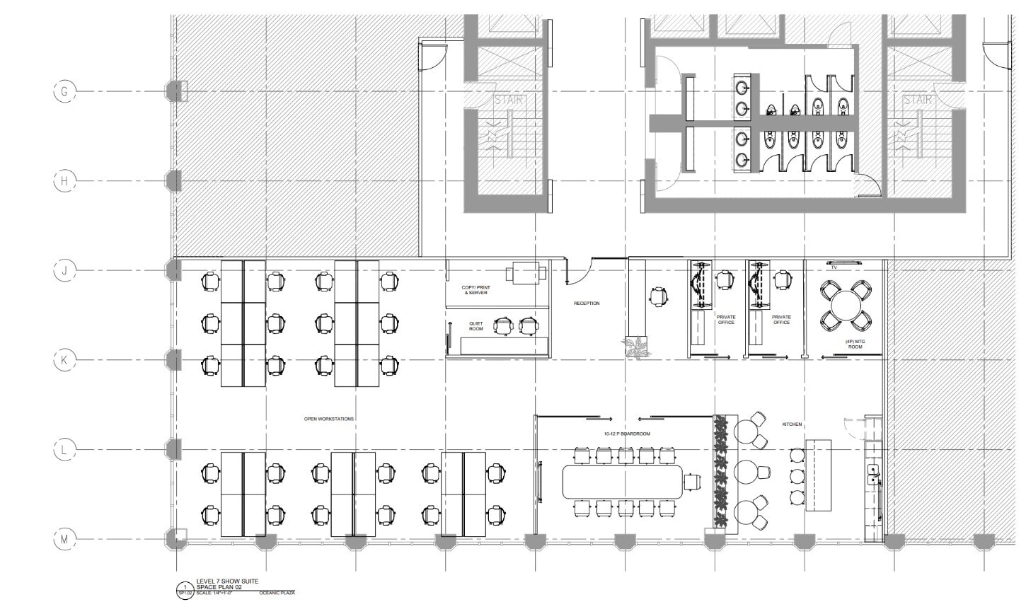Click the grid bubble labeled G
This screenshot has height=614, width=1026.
tap(64, 92)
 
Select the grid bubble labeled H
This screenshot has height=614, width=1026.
tap(64, 181)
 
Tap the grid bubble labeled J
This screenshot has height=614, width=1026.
tap(64, 270)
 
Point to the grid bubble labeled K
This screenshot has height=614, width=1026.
tap(64, 360)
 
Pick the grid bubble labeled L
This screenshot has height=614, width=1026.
tap(64, 449)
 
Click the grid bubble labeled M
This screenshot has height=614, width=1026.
tap(64, 540)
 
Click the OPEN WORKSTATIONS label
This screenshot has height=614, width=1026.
tap(328, 419)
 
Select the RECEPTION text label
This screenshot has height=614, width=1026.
tap(587, 303)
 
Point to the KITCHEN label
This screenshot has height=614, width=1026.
tap(792, 424)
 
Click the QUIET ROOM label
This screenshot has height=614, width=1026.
tap(476, 326)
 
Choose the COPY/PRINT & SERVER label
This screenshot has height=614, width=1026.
tap(475, 290)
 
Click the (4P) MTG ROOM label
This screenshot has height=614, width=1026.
tap(855, 344)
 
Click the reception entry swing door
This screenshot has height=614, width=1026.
tap(578, 273)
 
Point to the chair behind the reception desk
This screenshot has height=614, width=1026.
tap(659, 297)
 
